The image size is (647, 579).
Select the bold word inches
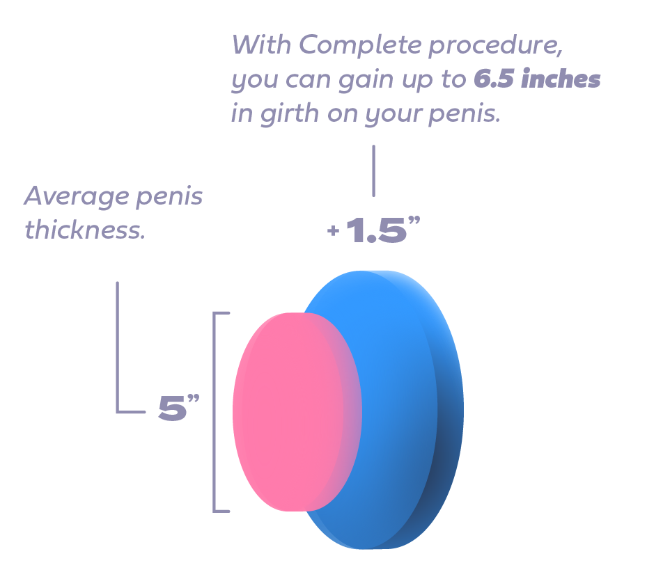561,79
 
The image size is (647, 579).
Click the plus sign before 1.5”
333,232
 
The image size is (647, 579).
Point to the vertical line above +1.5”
374,170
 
